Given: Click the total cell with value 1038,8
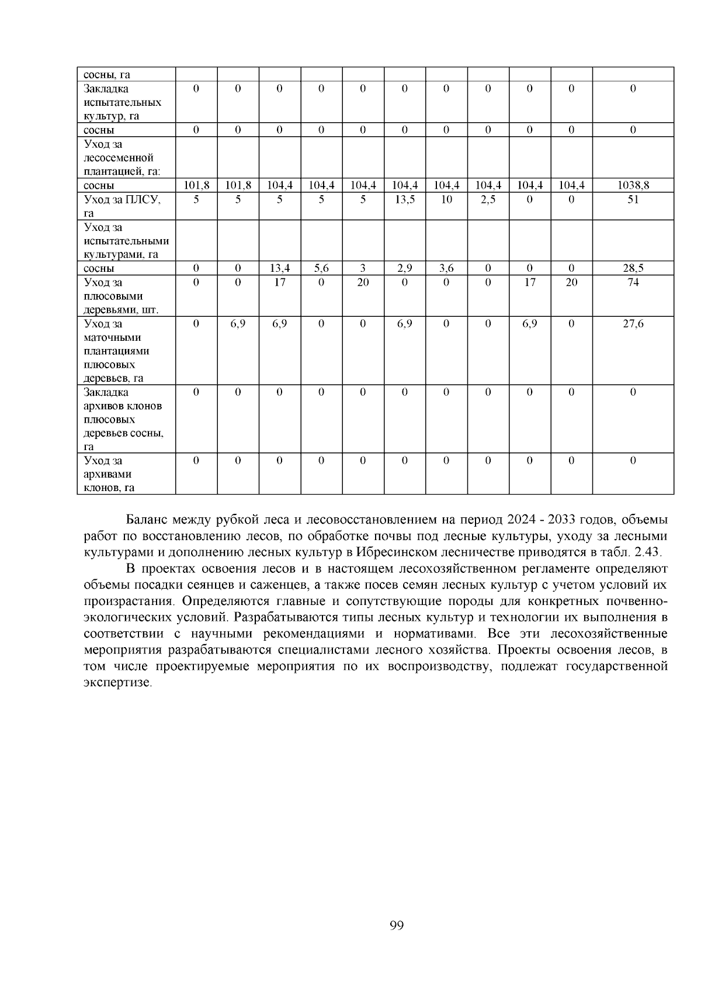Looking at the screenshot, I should (x=633, y=186).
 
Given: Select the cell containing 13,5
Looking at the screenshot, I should (x=404, y=200).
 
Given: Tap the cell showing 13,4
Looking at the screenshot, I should (x=279, y=268).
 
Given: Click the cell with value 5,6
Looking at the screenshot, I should (x=321, y=268).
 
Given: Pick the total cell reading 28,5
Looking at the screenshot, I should (x=633, y=268).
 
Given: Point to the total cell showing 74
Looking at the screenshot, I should (x=633, y=282).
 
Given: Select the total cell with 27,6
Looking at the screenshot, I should (x=633, y=324).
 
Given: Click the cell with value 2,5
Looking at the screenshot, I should (x=488, y=200).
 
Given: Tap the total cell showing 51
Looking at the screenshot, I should (x=633, y=200).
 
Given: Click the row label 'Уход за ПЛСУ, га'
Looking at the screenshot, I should (x=122, y=206).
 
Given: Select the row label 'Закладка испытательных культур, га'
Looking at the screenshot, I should (x=122, y=102).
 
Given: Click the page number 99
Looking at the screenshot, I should (x=396, y=925).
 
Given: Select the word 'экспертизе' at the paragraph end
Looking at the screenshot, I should (x=117, y=683).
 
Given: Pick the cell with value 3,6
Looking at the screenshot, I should (x=446, y=268).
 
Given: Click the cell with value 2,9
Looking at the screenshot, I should (x=404, y=268).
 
